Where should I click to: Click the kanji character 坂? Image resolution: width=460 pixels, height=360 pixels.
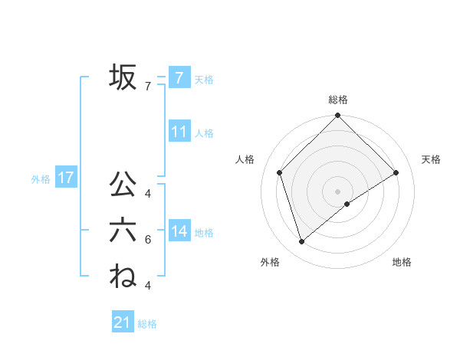point(123,77)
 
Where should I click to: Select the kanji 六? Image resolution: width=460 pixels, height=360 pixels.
point(123,231)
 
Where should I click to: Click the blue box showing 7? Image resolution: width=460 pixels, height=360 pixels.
point(179,77)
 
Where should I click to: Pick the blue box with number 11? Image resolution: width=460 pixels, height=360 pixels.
point(179,131)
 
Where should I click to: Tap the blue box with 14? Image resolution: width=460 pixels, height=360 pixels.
point(179,231)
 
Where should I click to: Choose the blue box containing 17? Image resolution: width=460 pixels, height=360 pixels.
point(65,178)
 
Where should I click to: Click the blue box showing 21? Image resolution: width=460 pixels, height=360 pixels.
point(123,322)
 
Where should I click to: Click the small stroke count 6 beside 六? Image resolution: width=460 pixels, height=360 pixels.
point(147,240)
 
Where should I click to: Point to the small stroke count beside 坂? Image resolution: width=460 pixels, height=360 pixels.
point(147,87)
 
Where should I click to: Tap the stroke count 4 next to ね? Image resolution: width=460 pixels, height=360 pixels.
point(147,286)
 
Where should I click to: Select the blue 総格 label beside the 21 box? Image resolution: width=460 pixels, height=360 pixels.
point(147,324)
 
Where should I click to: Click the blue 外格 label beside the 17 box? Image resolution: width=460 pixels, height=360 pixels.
point(41,179)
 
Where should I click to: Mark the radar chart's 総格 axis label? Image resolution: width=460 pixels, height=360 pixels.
point(337,100)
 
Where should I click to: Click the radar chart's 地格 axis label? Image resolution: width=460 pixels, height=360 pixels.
point(402,262)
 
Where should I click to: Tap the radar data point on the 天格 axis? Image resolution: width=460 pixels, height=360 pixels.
point(396,172)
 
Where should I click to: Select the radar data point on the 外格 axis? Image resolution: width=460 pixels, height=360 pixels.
point(302,242)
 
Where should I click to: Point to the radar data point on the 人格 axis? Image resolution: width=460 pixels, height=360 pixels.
point(280,172)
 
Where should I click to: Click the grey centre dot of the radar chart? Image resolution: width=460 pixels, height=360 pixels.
point(337,191)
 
